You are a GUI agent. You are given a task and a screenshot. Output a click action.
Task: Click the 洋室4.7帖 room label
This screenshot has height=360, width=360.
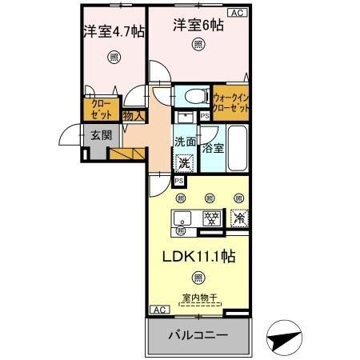coord(113,33)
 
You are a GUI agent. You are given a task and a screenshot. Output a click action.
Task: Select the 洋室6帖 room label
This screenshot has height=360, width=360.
coord(198,26)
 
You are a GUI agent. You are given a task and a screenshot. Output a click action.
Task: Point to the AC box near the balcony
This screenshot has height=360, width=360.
coord(158,310)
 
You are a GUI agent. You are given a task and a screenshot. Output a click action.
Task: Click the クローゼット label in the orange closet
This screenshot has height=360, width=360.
coord(101,108)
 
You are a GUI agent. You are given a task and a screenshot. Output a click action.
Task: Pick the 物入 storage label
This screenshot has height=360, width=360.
coord(133,115)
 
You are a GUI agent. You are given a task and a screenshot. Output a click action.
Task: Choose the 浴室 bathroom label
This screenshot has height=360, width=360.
coord(213,148)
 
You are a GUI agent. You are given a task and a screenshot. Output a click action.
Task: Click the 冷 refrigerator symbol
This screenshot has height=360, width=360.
coord(238,216)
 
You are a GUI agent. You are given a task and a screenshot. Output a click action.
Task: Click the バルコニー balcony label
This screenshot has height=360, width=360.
coord(198,335)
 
